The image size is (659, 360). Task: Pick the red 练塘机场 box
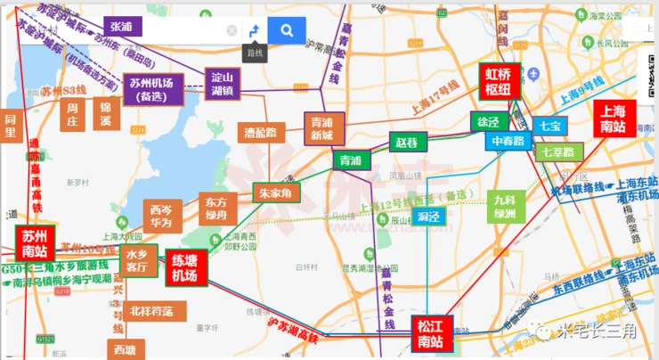pyautogui.click(x=186, y=268)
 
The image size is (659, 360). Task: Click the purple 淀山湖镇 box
pyautogui.click(x=222, y=83)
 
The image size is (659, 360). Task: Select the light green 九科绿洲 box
pyautogui.click(x=508, y=209)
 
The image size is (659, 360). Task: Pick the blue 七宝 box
pyautogui.click(x=550, y=126)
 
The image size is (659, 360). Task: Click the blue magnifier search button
pyautogui.click(x=286, y=30)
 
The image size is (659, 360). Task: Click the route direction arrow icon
pyautogui.click(x=255, y=31)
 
